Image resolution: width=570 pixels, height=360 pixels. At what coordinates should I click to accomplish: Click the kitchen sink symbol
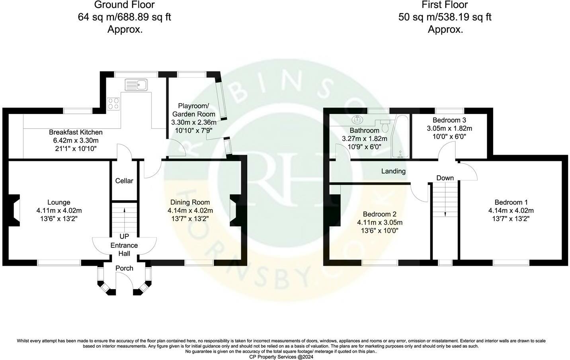pos(136,84)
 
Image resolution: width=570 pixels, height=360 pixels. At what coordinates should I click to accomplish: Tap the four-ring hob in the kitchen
pos(113,104)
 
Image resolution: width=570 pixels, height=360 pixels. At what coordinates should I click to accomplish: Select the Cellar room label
pos(124,181)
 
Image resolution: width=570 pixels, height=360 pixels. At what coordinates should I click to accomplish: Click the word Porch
pos(124,268)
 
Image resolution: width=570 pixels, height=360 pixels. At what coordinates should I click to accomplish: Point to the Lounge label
pos(59,202)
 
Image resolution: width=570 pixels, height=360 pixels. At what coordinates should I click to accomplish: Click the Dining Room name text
pos(190,202)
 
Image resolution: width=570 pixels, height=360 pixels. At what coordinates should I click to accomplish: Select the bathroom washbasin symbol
pos(357,119)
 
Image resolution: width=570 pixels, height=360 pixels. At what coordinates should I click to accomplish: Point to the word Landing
pos(393,171)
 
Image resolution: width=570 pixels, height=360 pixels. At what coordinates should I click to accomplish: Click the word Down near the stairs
pos(445,178)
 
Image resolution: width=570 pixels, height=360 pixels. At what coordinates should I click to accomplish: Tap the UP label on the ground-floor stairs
pos(124,237)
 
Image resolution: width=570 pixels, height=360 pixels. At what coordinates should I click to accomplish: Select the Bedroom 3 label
pos(449,120)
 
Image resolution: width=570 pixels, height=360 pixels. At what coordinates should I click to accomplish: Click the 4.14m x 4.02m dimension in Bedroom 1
pos(511,210)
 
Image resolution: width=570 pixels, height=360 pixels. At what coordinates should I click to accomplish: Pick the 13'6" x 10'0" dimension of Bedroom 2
pos(380,231)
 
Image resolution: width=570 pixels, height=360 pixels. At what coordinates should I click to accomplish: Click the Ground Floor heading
pos(125,5)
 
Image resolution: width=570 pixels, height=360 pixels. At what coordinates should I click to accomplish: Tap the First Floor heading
pos(445,5)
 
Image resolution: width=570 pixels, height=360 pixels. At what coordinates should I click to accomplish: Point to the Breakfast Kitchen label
pos(76,132)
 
